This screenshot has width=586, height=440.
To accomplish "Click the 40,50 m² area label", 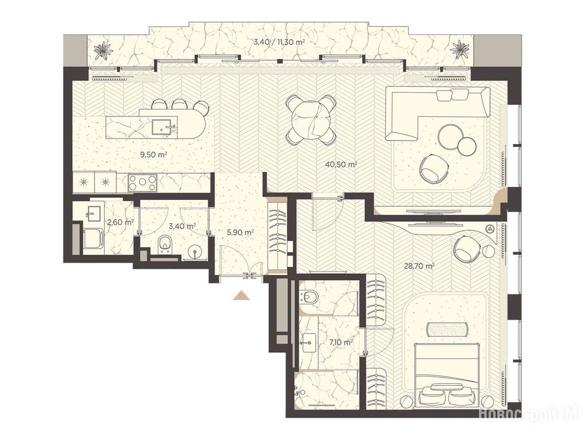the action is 341,164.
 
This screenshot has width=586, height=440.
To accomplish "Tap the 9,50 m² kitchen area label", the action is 153,154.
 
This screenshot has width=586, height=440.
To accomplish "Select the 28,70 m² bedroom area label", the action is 419,266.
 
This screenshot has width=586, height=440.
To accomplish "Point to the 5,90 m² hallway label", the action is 240,232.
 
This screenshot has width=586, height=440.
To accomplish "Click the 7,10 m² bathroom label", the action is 341,341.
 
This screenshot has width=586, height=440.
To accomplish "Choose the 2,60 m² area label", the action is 120,222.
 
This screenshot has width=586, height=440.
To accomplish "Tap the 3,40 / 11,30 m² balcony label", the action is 279,42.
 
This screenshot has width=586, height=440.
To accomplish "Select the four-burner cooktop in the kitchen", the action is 142,183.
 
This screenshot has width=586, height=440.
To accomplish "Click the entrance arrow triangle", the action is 241,295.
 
